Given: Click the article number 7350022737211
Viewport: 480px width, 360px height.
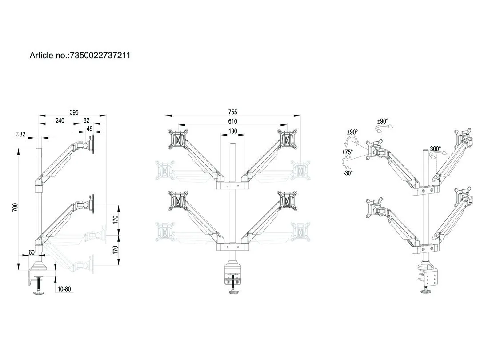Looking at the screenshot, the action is [100, 56].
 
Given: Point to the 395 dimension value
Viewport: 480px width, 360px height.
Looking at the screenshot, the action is [74, 112].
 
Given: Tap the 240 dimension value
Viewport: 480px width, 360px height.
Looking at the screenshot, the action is [60, 120].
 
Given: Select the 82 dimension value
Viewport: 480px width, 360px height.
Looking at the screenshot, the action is [86, 120].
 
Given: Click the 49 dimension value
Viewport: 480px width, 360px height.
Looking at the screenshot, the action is [89, 129].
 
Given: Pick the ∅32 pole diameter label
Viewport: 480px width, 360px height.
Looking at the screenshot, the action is [20, 134].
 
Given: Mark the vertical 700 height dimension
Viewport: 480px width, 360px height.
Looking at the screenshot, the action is [15, 207].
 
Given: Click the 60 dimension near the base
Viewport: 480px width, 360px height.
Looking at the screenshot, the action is [32, 252].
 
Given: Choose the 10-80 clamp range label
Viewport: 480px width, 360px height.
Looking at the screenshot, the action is [64, 289].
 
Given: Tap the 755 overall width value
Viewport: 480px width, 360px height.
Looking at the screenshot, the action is [232, 112].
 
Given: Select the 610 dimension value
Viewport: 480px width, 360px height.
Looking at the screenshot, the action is [232, 121].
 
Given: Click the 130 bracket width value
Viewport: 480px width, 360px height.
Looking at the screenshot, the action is [232, 131].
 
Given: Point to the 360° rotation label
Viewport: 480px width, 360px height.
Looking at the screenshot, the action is [436, 149].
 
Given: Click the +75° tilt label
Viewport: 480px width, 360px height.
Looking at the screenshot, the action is [347, 152].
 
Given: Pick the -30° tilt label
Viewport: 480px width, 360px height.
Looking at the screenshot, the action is [348, 173].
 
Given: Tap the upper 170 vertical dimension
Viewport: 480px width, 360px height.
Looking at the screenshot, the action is [115, 220].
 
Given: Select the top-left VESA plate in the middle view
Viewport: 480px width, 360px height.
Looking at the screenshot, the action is [177, 140].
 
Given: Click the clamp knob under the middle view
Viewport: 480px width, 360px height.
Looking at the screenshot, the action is [234, 292].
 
